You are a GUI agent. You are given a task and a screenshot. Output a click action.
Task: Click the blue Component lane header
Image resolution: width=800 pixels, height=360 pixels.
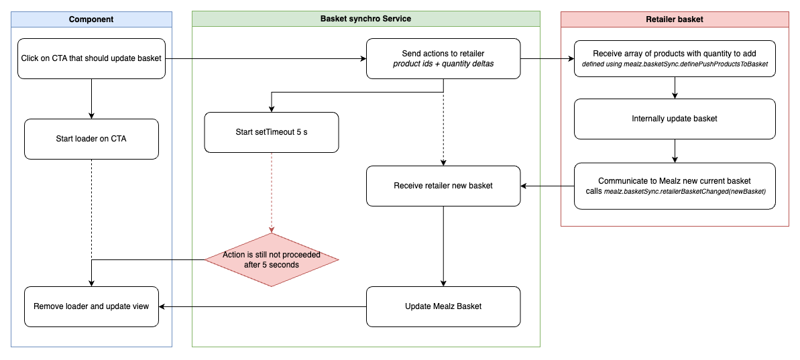91,19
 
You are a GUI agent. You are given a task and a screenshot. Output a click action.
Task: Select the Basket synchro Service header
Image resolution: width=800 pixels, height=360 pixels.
365,19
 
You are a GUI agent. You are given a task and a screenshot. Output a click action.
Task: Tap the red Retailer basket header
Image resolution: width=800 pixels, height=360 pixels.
675,19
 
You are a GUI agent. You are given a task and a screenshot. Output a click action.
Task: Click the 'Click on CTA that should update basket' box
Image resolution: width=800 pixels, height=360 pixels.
91,58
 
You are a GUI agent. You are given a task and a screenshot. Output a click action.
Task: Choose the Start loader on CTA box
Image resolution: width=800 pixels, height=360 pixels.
91,139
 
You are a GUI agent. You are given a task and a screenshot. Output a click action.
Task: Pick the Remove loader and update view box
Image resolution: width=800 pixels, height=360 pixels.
91,306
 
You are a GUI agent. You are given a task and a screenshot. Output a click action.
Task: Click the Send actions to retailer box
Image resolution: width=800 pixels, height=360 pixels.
443,58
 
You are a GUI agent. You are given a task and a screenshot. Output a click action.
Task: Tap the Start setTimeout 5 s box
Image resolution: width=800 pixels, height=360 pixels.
272,132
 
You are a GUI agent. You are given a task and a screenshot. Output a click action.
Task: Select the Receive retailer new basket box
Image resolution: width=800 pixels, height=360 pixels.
443,186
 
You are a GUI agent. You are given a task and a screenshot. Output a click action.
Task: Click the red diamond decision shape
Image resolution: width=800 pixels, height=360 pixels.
272,259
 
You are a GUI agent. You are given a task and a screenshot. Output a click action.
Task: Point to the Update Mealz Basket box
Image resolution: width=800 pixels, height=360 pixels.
443,306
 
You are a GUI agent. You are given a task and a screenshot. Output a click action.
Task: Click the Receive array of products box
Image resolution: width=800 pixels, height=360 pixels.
675,58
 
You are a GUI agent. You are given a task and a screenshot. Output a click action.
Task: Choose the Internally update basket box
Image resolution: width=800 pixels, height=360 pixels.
675,119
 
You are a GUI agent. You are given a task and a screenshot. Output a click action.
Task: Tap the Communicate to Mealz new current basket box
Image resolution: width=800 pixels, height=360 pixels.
675,186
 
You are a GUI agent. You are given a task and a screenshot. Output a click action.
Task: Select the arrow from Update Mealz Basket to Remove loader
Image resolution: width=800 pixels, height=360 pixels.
262,307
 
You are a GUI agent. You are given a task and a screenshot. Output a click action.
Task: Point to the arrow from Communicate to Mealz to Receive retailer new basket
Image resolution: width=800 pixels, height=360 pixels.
547,186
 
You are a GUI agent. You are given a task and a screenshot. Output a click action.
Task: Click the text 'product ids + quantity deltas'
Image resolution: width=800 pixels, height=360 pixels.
443,64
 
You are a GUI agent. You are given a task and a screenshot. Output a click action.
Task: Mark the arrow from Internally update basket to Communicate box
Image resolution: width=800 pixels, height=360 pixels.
675,151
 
